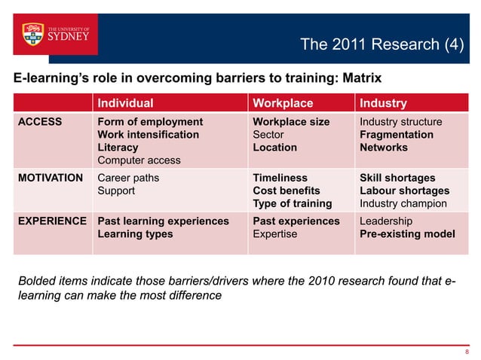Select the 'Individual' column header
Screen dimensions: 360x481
click(x=123, y=103)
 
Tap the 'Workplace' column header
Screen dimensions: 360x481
click(x=283, y=103)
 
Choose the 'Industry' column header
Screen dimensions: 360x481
click(x=383, y=103)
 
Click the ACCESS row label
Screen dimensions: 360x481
click(x=41, y=122)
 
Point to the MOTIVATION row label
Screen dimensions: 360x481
click(x=51, y=178)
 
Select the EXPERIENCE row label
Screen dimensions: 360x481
click(x=51, y=221)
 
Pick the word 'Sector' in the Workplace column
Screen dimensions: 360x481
click(x=268, y=135)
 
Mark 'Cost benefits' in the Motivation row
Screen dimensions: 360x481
click(x=286, y=191)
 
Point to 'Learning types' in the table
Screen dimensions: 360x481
click(x=135, y=234)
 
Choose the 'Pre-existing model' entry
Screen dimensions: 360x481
click(x=407, y=234)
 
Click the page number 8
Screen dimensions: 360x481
click(x=467, y=351)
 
